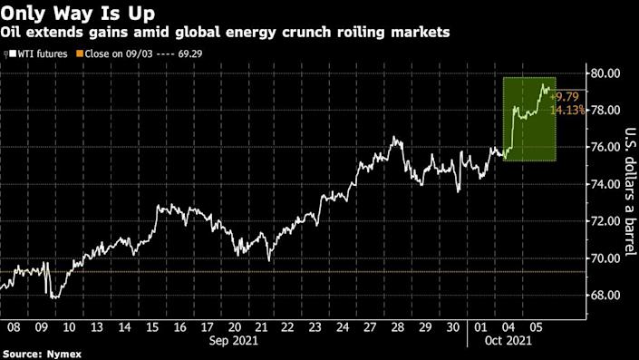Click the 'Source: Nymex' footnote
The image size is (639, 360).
(38, 354)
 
